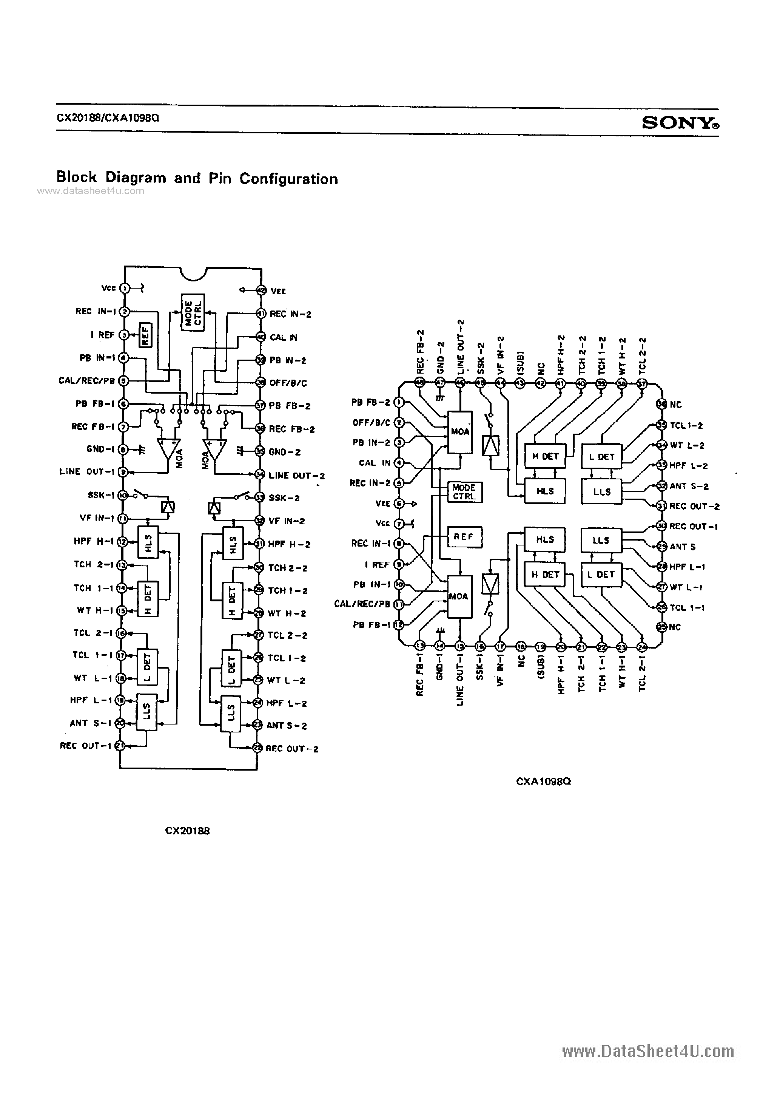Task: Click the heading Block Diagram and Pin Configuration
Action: (x=197, y=178)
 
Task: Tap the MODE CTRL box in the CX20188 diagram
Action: (x=193, y=312)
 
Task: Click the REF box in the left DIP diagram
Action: (x=145, y=335)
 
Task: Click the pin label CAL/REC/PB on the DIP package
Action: (x=86, y=381)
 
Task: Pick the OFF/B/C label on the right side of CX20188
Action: (x=288, y=383)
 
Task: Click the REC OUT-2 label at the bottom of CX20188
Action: (x=291, y=748)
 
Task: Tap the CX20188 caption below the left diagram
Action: (x=187, y=831)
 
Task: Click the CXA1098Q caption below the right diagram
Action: (x=543, y=782)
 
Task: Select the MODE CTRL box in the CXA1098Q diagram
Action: (x=464, y=492)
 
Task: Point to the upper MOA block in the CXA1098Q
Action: (x=459, y=432)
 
